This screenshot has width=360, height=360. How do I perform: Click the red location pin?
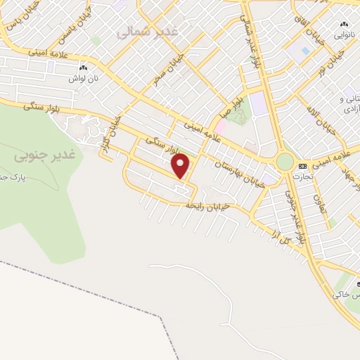click(182, 166)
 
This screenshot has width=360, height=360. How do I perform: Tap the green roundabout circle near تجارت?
click(285, 162)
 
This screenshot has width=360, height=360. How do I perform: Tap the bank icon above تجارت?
click(303, 167)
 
